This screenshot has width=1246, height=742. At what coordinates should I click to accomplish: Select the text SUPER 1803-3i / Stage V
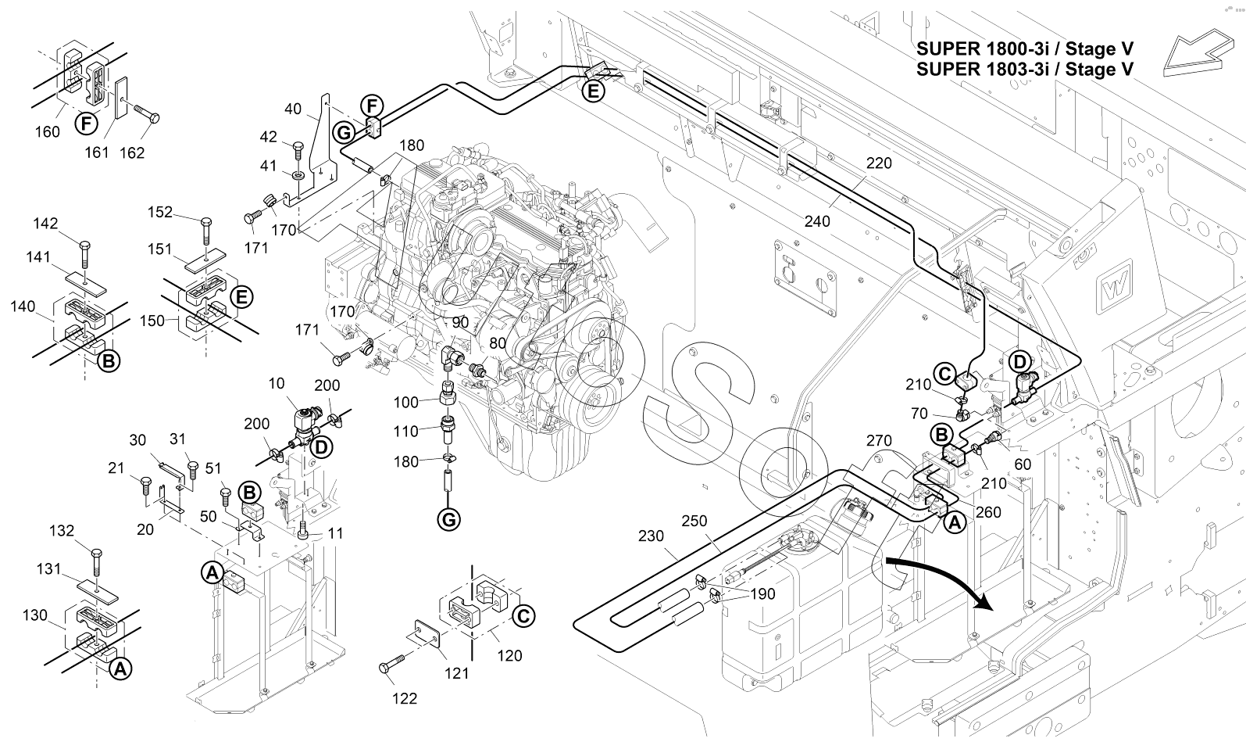pos(1025,70)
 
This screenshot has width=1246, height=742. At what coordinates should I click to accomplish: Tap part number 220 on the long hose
pos(878,163)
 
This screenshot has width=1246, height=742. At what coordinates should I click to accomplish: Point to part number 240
pos(817,222)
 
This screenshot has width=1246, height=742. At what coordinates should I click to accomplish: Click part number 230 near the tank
pos(651,536)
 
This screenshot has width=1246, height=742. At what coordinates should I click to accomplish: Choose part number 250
pos(695,521)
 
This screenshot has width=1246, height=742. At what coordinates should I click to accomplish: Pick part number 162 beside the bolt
pos(131,152)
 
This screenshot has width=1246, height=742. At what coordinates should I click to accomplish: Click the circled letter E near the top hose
pos(594,91)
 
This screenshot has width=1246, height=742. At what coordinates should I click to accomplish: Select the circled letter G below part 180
pos(449,518)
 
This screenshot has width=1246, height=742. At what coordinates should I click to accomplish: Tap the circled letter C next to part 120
pos(525,615)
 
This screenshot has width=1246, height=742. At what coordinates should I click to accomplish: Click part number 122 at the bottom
pos(405,698)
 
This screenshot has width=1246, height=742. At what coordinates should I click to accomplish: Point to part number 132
pos(62,531)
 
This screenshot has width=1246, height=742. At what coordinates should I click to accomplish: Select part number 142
pos(45,224)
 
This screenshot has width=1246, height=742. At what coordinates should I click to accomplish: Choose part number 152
pos(160,212)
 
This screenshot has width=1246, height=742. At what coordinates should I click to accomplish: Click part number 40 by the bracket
pos(293,109)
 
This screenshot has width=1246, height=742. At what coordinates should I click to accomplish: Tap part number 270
pos(879,441)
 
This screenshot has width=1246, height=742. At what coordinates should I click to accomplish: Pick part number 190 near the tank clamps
pos(762,594)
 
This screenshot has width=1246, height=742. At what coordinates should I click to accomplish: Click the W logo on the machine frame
pos(1111,291)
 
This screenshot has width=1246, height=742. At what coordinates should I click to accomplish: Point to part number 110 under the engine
pos(406,431)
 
